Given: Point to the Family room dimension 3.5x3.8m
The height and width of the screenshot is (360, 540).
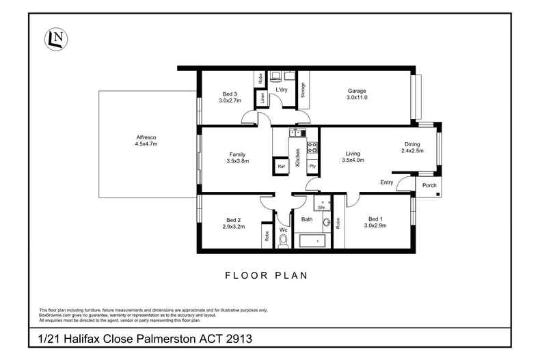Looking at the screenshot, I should (238, 161).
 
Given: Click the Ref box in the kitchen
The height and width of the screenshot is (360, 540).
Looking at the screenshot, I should (280, 166).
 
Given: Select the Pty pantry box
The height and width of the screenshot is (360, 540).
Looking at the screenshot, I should (312, 166).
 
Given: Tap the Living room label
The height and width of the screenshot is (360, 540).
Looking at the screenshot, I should (353, 154).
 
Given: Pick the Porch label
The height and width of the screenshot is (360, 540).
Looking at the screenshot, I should (429, 185).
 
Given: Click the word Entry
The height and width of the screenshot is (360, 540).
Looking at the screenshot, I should (387, 182).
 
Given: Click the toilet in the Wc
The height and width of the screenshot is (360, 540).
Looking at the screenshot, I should (284, 240).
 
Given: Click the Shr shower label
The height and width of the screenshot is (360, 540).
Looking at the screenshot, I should (320, 206).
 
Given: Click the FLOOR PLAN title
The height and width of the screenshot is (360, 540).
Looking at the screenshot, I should (267, 276).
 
